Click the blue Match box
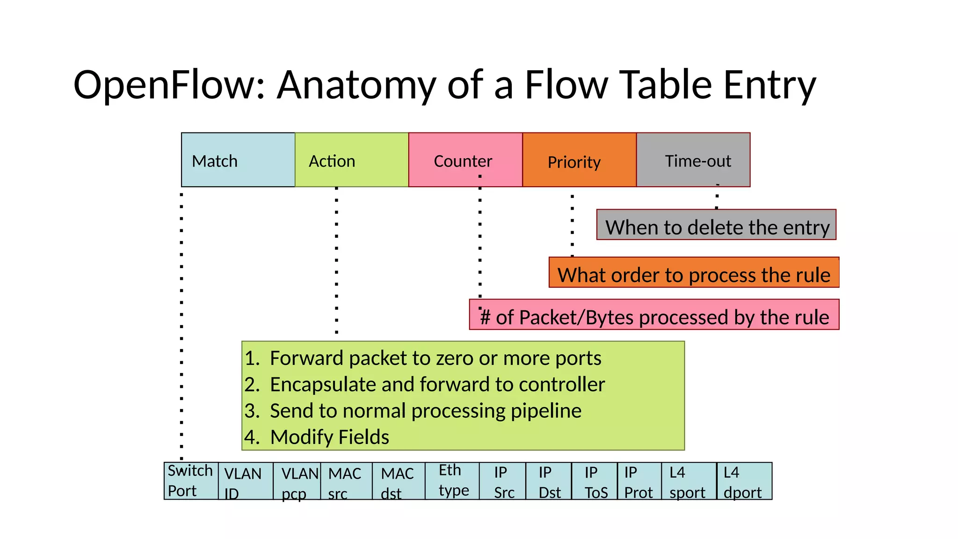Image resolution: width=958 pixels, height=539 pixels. point(238,160)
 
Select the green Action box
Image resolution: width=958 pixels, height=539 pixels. point(351,160)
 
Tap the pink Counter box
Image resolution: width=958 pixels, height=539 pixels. point(465,160)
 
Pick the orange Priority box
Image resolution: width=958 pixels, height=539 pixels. point(579,160)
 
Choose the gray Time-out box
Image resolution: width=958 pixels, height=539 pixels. point(693,160)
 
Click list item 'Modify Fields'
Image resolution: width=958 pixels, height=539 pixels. point(329,437)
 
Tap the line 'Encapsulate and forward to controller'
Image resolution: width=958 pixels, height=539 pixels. point(437,385)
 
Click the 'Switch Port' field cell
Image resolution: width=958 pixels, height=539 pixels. point(191,481)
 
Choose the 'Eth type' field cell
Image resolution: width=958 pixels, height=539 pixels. point(452,481)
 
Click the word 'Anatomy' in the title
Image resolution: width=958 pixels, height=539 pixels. point(356,85)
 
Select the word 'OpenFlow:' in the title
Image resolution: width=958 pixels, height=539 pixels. point(169,85)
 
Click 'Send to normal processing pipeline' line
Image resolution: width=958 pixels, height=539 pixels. point(425,411)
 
